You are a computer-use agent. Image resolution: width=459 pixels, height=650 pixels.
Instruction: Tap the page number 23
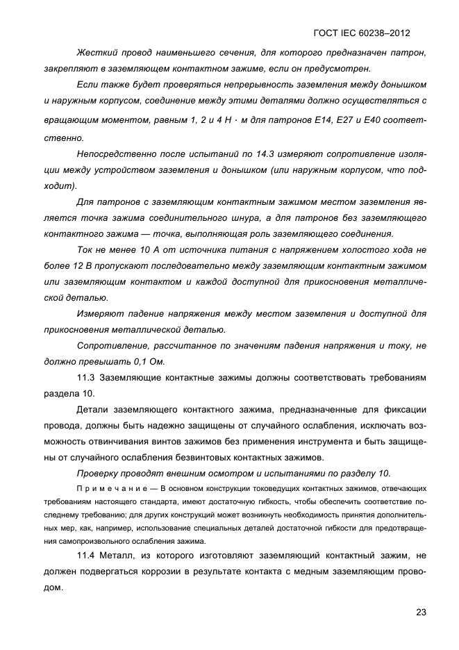tap(421, 612)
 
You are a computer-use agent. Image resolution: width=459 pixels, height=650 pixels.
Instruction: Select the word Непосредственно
tap(113, 154)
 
